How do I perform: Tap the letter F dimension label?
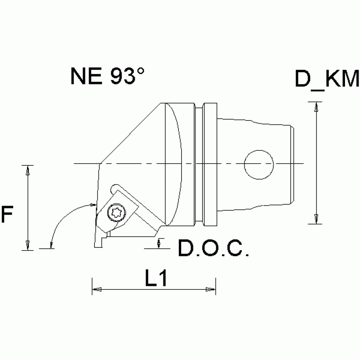click(x=7, y=215)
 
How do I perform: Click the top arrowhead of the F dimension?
click(x=28, y=170)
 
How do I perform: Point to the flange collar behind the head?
click(x=210, y=164)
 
